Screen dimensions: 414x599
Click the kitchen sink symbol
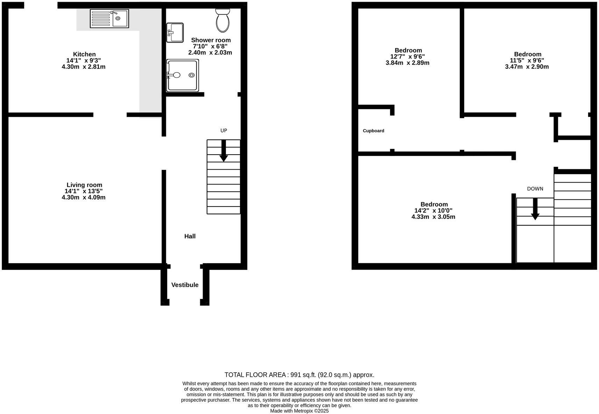[109, 19]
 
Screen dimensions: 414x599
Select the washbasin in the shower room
[175, 33]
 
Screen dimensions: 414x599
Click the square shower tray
[183, 75]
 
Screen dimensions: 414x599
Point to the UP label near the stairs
[224, 130]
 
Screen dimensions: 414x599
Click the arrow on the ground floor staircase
[224, 151]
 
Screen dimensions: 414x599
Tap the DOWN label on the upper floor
[535, 189]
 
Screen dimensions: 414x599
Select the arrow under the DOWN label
[535, 209]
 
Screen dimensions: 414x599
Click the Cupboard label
[373, 131]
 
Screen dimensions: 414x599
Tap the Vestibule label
[185, 285]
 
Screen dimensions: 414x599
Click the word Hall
[190, 236]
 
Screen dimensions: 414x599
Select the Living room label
[84, 185]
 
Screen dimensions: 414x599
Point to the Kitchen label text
[84, 54]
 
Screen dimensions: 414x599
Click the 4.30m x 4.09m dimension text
[84, 197]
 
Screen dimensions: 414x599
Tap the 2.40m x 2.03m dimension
[210, 53]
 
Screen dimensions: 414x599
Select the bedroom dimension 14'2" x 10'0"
[433, 210]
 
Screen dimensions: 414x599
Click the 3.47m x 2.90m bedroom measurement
[527, 67]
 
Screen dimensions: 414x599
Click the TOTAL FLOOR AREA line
[299, 375]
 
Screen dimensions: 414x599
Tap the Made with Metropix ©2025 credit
[299, 411]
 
